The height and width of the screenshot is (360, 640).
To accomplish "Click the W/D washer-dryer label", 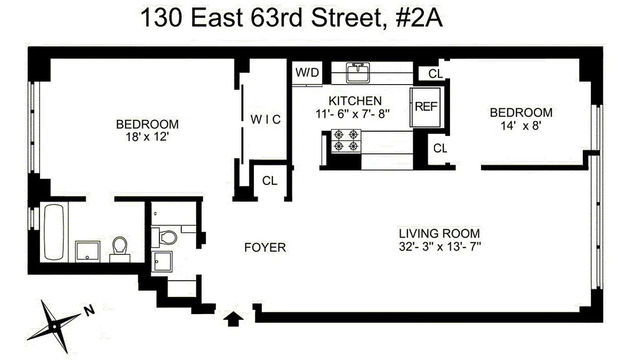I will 307,72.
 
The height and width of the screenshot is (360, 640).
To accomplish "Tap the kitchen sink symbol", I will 358,72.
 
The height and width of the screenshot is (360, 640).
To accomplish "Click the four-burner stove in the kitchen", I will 346,140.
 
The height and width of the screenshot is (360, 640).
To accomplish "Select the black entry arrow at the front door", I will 234,319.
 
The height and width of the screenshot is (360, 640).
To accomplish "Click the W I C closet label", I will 266,119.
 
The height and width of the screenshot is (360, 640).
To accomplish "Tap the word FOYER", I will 265,247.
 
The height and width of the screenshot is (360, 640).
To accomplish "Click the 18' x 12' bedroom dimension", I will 147,137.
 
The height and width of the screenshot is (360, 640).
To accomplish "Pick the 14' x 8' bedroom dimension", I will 521,126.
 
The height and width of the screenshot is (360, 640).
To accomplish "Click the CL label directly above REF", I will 435,74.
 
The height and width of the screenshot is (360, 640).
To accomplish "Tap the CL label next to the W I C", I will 270,181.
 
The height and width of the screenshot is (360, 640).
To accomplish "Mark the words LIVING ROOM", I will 439,234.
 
